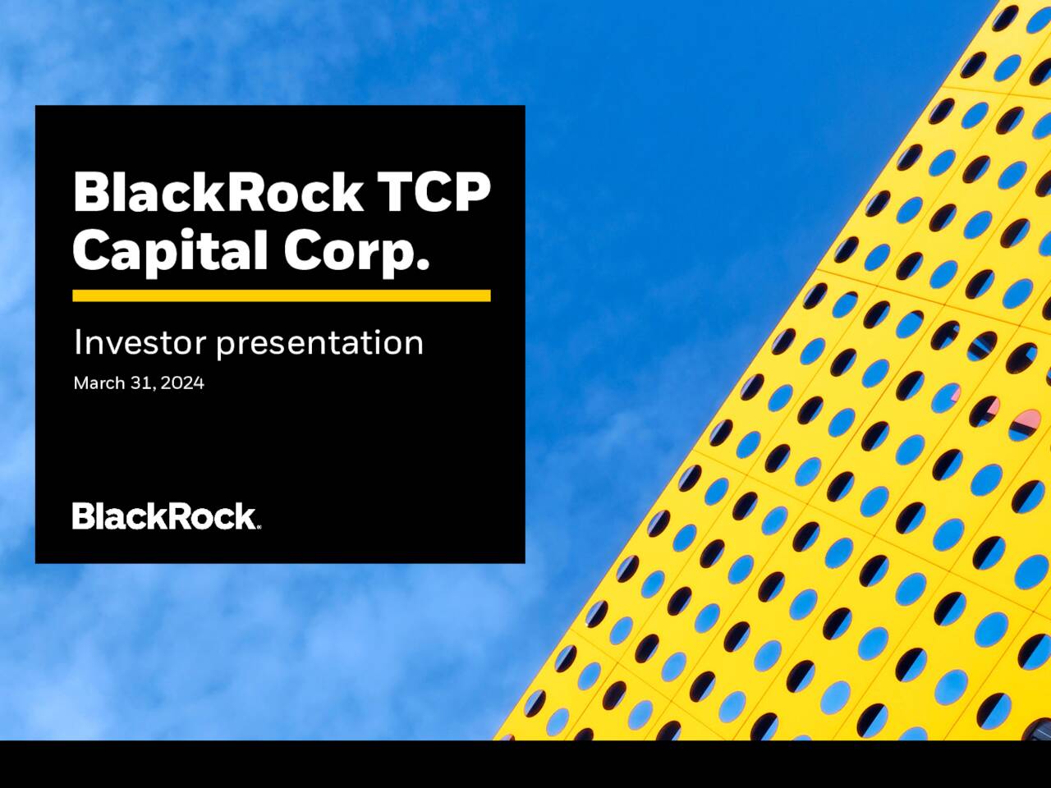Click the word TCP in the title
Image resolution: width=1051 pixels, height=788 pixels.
click(434, 192)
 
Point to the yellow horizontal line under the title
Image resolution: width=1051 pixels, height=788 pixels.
click(281, 295)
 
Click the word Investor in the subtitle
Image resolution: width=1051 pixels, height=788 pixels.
click(140, 342)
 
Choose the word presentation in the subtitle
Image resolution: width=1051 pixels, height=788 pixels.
click(319, 344)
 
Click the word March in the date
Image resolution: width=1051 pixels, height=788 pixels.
click(99, 383)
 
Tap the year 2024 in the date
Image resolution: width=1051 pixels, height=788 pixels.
click(182, 383)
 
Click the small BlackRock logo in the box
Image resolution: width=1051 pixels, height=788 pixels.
click(164, 516)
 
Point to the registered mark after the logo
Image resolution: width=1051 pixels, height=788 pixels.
click(259, 527)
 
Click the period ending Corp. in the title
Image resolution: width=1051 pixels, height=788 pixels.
click(423, 264)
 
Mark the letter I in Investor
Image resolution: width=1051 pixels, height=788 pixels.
click(77, 342)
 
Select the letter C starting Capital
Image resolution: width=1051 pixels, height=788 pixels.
click(90, 250)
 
